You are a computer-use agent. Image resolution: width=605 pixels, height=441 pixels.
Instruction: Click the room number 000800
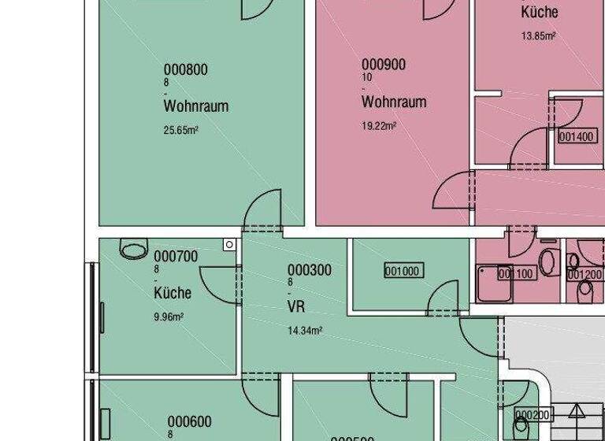(185, 69)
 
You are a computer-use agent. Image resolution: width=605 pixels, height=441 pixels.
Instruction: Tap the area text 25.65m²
(180, 131)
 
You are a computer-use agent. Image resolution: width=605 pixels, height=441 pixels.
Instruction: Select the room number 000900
(384, 65)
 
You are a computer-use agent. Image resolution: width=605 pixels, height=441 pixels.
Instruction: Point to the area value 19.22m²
(379, 126)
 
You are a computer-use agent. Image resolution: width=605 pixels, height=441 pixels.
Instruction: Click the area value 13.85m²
(539, 36)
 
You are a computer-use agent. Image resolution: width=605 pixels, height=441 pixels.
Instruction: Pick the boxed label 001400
(576, 137)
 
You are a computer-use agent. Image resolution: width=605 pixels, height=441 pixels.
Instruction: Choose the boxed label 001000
(403, 272)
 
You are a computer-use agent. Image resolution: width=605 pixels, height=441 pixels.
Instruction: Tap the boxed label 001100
(517, 274)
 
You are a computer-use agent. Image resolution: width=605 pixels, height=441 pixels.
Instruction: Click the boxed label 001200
(585, 275)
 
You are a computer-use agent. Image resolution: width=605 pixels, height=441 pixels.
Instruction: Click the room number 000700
(176, 257)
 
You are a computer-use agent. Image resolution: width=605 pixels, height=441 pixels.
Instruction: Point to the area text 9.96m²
(169, 317)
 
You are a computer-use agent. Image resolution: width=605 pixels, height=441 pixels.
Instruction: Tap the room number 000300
(310, 270)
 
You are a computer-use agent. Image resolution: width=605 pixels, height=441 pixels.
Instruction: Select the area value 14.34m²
(305, 332)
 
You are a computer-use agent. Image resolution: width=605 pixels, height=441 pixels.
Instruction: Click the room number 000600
(189, 422)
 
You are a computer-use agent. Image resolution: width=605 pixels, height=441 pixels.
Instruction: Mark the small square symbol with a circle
(228, 245)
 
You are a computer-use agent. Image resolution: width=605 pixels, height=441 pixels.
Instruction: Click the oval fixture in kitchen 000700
(133, 249)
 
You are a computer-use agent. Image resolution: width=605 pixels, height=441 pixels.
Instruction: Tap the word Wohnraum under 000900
(394, 102)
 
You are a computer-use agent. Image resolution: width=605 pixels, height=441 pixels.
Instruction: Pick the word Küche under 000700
(173, 294)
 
